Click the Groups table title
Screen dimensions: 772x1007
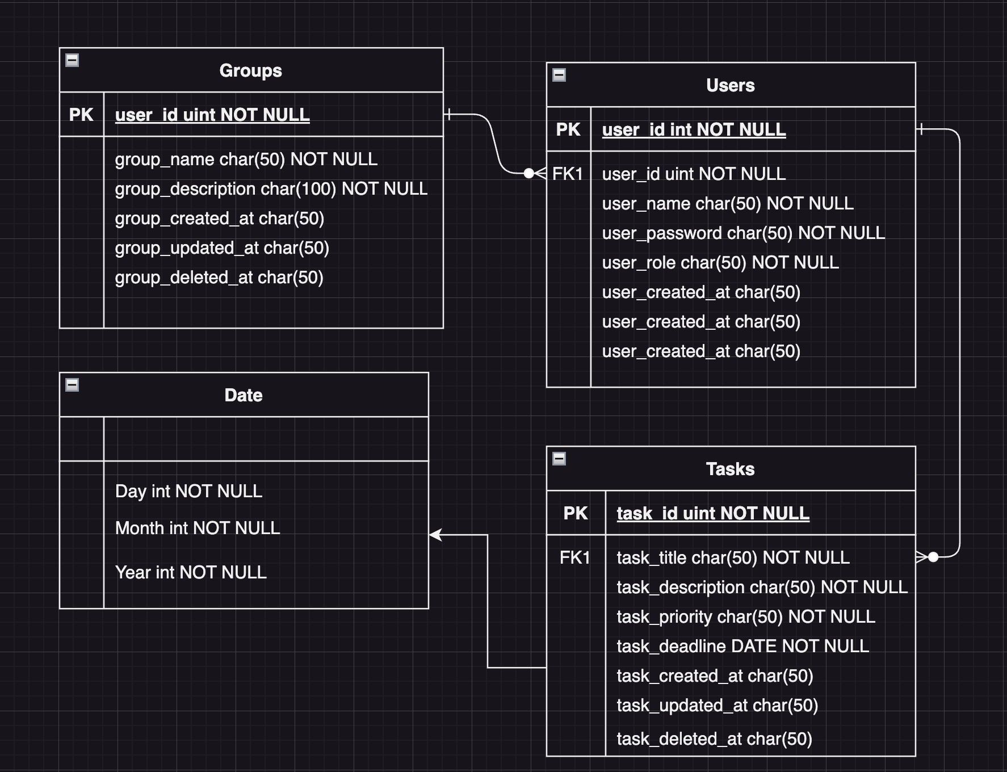pos(250,70)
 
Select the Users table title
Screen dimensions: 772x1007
pos(730,85)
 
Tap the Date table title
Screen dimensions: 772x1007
pos(243,395)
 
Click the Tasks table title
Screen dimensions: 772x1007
pos(730,469)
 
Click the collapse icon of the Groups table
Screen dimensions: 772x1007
pos(72,60)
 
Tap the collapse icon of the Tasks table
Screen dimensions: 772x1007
pos(559,459)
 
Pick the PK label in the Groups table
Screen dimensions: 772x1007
pos(81,115)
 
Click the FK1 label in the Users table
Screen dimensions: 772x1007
pos(568,174)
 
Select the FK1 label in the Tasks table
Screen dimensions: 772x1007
pos(574,557)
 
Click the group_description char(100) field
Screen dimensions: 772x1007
pos(271,189)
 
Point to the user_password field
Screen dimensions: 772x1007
pos(743,233)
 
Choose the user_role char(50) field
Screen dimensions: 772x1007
pos(720,262)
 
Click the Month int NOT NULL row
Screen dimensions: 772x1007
pos(197,528)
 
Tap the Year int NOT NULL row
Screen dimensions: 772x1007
pos(191,572)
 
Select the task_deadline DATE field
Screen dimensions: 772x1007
pos(742,646)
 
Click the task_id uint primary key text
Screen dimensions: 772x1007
pos(712,513)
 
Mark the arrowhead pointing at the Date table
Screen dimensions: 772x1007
pos(435,535)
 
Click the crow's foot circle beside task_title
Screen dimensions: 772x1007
pos(933,557)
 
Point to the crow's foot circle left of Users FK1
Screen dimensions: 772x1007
pos(528,173)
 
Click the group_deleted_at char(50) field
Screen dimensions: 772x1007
pos(219,278)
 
